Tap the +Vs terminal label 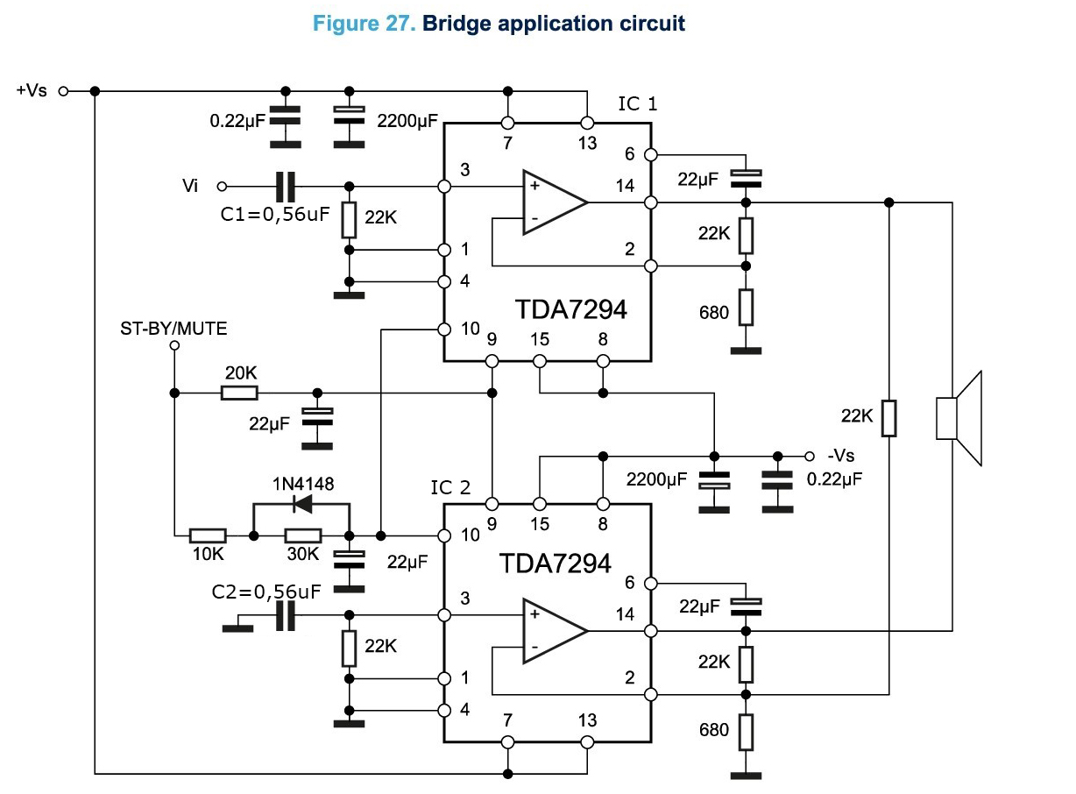32,90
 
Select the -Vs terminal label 841,457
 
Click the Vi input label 190,186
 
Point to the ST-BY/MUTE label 173,329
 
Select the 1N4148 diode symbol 303,504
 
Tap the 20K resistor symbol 239,393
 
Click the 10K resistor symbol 209,535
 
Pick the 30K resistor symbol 303,535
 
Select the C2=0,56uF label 266,592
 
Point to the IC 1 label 637,104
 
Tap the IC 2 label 450,487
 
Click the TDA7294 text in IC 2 554,563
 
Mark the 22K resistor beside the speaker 888,417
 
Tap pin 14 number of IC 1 625,185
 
